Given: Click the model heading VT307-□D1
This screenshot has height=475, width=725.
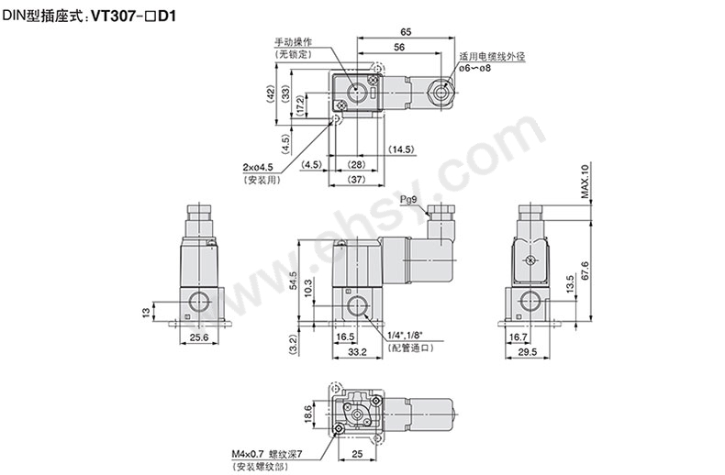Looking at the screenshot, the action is point(134,17).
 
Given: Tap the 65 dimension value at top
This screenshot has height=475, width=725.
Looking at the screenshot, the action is point(406,32).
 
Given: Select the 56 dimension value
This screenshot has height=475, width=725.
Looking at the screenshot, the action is point(399,47).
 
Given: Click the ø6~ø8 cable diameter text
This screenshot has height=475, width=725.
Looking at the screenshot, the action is point(475,68).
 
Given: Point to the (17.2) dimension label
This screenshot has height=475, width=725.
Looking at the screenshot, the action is point(300,105).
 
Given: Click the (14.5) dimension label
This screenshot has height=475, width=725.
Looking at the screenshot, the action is point(400,149).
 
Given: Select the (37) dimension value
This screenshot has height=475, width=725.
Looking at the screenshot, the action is point(356,179).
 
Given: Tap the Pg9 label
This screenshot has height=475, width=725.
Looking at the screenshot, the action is point(408,199).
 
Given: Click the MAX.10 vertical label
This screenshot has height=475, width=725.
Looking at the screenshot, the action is point(585,182).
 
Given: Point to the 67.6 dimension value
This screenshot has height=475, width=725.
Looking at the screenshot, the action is point(585,271).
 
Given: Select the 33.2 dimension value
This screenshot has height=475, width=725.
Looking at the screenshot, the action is point(357,351).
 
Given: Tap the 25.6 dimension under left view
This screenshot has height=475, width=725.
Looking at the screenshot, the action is point(199,337).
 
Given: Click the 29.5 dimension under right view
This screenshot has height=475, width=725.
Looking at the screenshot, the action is point(528,351).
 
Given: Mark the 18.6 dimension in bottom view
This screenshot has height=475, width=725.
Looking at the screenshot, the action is point(308,414).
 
